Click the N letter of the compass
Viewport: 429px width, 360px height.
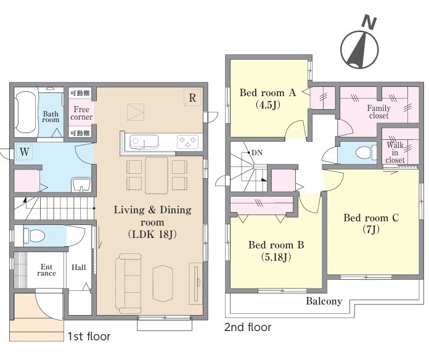coord(369,22)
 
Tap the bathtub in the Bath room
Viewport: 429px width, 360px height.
coord(26,112)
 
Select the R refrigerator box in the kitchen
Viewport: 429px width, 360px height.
coord(192,97)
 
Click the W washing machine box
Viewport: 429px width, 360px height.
coord(25,152)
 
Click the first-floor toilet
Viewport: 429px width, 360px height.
coord(34,235)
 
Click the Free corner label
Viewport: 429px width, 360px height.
coord(81,113)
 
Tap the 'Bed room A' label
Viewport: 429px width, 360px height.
coord(268,92)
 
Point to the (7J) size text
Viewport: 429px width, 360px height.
coord(370,230)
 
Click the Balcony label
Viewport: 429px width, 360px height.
coord(324,301)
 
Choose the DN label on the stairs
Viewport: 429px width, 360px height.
coord(256,153)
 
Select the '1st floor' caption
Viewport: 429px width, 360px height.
coord(89,337)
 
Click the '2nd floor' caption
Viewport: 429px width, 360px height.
coord(248,327)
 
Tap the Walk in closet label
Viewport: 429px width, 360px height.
coord(395,153)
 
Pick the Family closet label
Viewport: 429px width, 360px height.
coord(378,112)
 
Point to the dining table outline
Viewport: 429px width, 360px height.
coord(157,175)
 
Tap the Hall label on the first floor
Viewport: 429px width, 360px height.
coord(78,268)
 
